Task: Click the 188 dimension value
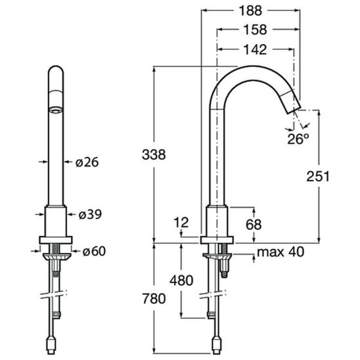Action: pyautogui.click(x=250, y=11)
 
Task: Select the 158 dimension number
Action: pyautogui.click(x=255, y=30)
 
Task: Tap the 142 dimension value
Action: pyautogui.click(x=255, y=49)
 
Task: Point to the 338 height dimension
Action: pyautogui.click(x=154, y=154)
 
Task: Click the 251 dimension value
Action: pyautogui.click(x=318, y=176)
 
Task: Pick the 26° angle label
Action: pyautogui.click(x=298, y=139)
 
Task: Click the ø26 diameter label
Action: pyautogui.click(x=87, y=162)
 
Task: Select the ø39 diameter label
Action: pyautogui.click(x=90, y=214)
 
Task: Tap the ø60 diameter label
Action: pyautogui.click(x=94, y=251)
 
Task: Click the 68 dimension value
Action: pyautogui.click(x=254, y=224)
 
